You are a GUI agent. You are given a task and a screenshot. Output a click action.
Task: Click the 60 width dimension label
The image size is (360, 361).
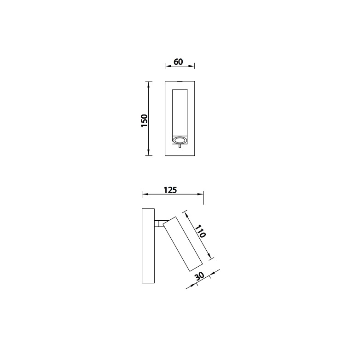coord(178,62)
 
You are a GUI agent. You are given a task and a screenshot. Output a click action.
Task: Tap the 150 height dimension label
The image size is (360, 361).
coord(144,120)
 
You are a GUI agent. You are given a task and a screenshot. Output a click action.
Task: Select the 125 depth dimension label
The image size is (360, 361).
coord(170,190)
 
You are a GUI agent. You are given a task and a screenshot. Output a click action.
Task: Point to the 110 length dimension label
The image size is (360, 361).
coord(200,231)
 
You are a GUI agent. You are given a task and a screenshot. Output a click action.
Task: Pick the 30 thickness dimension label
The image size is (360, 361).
coord(199,276)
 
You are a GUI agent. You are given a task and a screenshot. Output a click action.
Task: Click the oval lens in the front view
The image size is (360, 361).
coord(180,140)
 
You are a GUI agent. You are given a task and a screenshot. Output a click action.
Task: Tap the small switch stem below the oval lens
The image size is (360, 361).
coord(180,146)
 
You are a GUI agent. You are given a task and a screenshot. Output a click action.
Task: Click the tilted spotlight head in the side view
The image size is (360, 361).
coord(183,244)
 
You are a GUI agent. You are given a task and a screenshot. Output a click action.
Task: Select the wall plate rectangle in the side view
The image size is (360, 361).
coord(148,246)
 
